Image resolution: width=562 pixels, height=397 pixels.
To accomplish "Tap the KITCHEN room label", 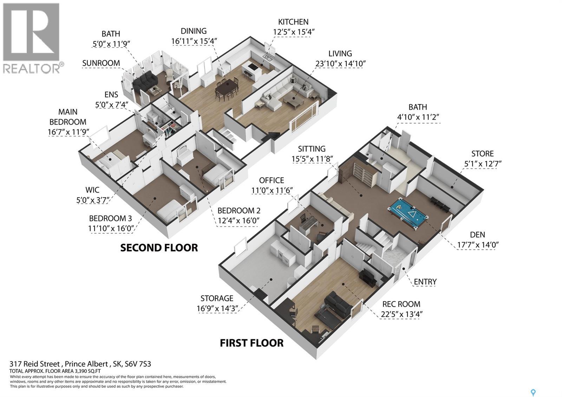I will click(293, 22).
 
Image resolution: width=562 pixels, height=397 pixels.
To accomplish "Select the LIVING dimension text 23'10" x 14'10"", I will click(340, 64).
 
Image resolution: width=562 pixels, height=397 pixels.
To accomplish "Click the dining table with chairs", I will click(227, 88).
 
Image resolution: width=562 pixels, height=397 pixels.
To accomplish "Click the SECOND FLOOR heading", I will click(159, 248).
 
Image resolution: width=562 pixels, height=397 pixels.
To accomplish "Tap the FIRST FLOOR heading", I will click(251, 343).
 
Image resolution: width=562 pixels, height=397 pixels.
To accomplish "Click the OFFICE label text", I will click(272, 180).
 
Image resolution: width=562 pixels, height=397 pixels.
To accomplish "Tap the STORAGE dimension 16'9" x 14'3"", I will click(217, 308).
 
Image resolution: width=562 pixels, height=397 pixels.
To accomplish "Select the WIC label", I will click(92, 190).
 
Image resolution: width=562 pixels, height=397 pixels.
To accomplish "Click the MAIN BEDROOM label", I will click(68, 117).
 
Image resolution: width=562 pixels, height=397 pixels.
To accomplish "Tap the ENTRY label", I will click(425, 282).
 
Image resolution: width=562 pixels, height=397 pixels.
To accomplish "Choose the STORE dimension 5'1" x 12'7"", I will click(482, 164).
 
